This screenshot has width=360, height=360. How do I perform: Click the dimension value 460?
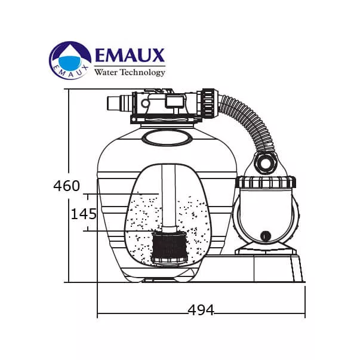[67, 186]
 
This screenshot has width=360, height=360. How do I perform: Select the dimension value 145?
[84, 214]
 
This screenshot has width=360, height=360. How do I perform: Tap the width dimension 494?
[201, 310]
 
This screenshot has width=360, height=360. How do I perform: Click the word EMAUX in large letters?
[130, 56]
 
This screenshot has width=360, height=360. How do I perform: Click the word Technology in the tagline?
[143, 73]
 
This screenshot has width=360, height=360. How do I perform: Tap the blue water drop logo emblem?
[70, 60]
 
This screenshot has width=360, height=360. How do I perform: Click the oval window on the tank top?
[167, 138]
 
